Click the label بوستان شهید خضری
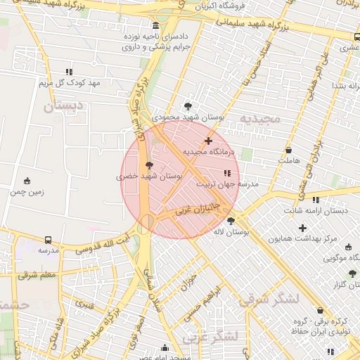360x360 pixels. tap(149, 176)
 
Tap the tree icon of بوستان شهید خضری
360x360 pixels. tap(148, 165)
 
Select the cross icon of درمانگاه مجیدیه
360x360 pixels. tap(207, 141)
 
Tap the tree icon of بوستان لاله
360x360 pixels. tap(231, 221)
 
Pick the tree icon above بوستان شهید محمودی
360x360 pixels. tap(187, 106)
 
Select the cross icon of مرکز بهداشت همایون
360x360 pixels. tap(303, 228)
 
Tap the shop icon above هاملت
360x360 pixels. tap(288, 150)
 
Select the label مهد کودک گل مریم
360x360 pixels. tap(70, 83)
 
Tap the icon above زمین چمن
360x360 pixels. tap(27, 181)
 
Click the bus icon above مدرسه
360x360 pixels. tap(48, 240)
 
